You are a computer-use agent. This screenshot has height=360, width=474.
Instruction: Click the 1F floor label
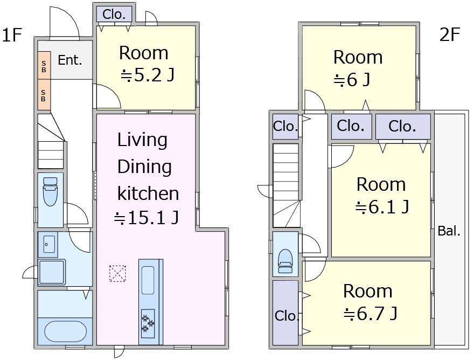tap(12, 34)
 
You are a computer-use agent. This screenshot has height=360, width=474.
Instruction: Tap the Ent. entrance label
tap(70, 60)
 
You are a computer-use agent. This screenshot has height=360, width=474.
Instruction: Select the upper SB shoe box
tap(44, 66)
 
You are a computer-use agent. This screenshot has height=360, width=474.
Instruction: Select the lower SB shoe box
tap(44, 95)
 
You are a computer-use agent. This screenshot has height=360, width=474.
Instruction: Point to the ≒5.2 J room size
tap(148, 75)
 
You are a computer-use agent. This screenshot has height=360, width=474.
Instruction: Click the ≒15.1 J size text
tap(147, 218)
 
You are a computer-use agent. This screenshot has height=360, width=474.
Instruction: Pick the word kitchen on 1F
tap(148, 193)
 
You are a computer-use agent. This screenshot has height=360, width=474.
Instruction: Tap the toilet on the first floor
tap(50, 191)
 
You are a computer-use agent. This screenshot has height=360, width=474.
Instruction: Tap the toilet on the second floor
tap(285, 261)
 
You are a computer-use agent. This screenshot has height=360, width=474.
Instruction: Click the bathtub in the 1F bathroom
tap(65, 331)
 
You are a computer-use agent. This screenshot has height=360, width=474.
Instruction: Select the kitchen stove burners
tap(148, 323)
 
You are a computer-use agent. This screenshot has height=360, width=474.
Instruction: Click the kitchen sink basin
tap(148, 280)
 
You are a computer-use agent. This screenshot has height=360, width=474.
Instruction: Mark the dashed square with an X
tap(117, 273)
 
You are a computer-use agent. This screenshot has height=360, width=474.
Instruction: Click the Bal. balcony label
tap(449, 231)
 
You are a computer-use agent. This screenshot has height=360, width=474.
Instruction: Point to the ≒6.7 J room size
tap(371, 314)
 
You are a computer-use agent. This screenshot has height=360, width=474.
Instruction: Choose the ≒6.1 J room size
tap(382, 207)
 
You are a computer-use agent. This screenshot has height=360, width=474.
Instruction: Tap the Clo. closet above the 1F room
tap(114, 14)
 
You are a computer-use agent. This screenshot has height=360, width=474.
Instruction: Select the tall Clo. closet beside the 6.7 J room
tap(285, 313)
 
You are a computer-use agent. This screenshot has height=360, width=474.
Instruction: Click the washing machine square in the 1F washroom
tap(52, 272)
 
